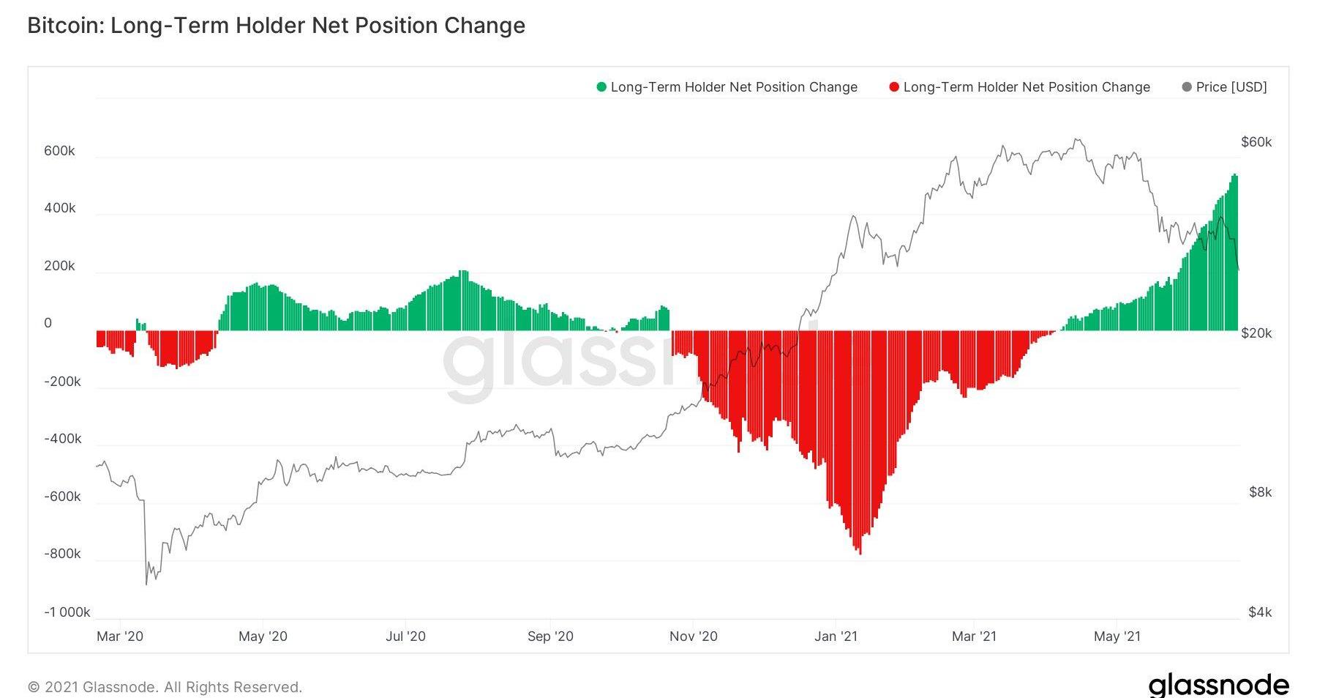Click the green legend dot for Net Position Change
tap(601, 87)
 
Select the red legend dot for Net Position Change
tap(894, 87)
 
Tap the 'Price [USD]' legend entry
tap(1231, 87)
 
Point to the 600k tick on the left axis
tap(59, 151)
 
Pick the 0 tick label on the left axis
tap(48, 323)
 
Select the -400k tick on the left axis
tap(62, 439)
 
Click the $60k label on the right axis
tap(1256, 142)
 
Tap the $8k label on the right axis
tap(1260, 492)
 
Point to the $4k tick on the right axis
tap(1260, 612)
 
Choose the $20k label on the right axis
tap(1256, 333)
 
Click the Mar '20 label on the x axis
tap(120, 636)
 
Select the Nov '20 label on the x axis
tap(693, 636)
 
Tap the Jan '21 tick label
tap(836, 636)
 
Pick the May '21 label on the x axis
tap(1117, 636)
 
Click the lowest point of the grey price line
tap(146, 584)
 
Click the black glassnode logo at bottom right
tap(1218, 685)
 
